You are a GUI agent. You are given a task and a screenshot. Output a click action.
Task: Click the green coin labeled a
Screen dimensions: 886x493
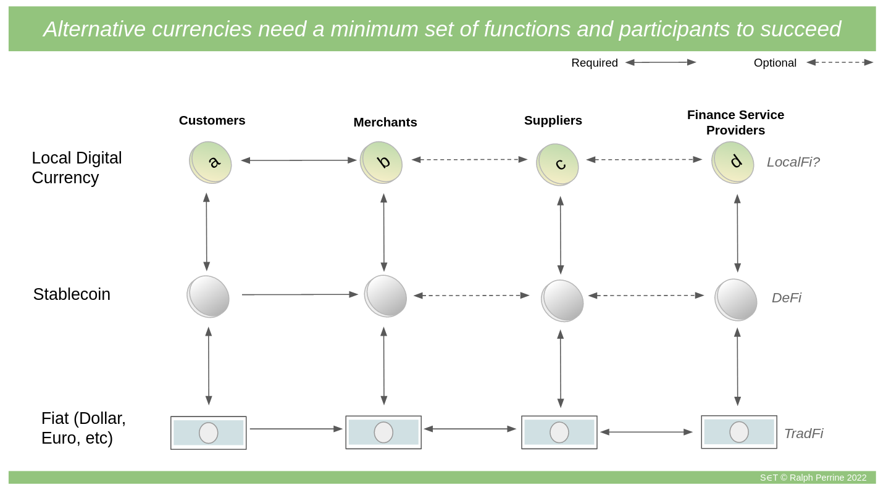coord(210,162)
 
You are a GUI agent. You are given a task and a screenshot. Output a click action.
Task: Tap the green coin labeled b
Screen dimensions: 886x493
coord(381,162)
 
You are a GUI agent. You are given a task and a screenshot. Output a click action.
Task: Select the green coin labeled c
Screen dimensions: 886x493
coord(558,165)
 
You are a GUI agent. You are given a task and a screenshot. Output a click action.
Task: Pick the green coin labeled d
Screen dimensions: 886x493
coord(732,162)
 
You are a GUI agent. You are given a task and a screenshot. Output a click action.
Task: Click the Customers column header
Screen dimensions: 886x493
coord(212,120)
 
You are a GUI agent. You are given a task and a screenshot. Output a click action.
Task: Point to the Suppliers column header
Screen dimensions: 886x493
coord(553,120)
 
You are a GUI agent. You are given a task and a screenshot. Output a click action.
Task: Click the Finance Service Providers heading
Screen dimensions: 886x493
coord(735,123)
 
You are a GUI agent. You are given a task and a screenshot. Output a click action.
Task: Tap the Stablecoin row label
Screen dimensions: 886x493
coord(72,294)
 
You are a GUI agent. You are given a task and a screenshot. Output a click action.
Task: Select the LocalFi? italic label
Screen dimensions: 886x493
coord(793,162)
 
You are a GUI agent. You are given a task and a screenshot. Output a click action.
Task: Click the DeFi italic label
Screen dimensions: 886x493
coord(787,297)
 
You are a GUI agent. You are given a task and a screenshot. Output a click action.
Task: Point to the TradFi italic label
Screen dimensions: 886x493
coord(803,434)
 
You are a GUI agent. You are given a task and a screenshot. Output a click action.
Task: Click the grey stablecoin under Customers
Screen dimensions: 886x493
coord(208,297)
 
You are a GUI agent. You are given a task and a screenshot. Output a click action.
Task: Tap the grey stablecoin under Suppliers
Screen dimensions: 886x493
coord(562,301)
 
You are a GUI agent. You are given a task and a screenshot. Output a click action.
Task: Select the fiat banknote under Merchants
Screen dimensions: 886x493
coord(383,432)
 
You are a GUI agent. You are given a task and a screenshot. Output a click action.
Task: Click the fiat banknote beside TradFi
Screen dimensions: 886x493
coord(739,432)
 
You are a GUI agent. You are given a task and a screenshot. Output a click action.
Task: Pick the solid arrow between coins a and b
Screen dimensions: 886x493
coord(299,160)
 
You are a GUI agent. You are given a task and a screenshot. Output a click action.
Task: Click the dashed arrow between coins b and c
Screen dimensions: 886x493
coord(469,159)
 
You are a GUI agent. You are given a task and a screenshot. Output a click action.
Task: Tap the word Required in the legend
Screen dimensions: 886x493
coord(595,63)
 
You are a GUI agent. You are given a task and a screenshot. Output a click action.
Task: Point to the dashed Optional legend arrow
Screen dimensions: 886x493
coord(840,62)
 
